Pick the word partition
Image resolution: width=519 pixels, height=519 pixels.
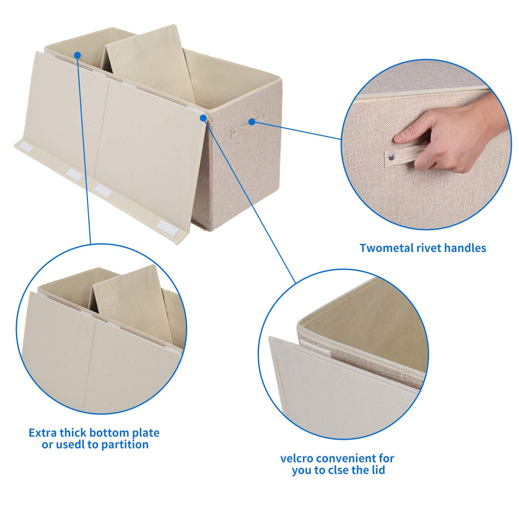click(125, 445)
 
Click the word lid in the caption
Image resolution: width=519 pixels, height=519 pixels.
click(378, 470)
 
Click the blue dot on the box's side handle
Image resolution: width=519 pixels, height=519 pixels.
click(252, 122)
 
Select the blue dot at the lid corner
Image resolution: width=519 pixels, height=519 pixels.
click(203, 118)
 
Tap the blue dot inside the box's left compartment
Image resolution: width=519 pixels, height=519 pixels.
click(77, 55)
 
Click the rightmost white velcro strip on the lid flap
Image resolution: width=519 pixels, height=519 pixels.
click(167, 227)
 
